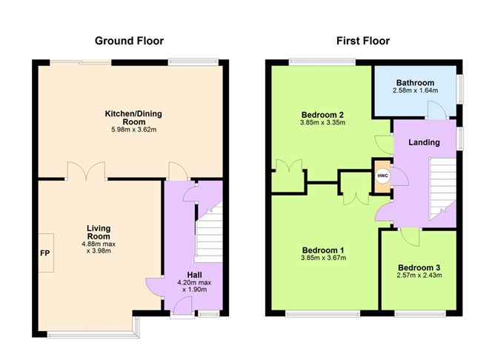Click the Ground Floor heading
[x=129, y=41]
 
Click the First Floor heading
[x=363, y=41]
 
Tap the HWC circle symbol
[x=382, y=176]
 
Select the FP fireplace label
[x=45, y=253]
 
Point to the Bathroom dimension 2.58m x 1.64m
[x=415, y=90]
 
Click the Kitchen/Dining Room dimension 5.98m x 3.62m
[x=134, y=130]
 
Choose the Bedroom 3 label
[x=419, y=267]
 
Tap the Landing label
[x=424, y=142]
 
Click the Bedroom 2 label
[x=322, y=115]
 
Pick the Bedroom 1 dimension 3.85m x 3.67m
[x=323, y=258]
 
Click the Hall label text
[x=194, y=275]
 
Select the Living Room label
[x=99, y=232]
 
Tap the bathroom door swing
[x=437, y=110]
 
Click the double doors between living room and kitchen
[x=86, y=171]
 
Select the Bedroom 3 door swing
[x=410, y=236]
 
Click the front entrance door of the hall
[x=183, y=306]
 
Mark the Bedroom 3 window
[x=420, y=313]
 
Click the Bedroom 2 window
[x=322, y=62]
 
